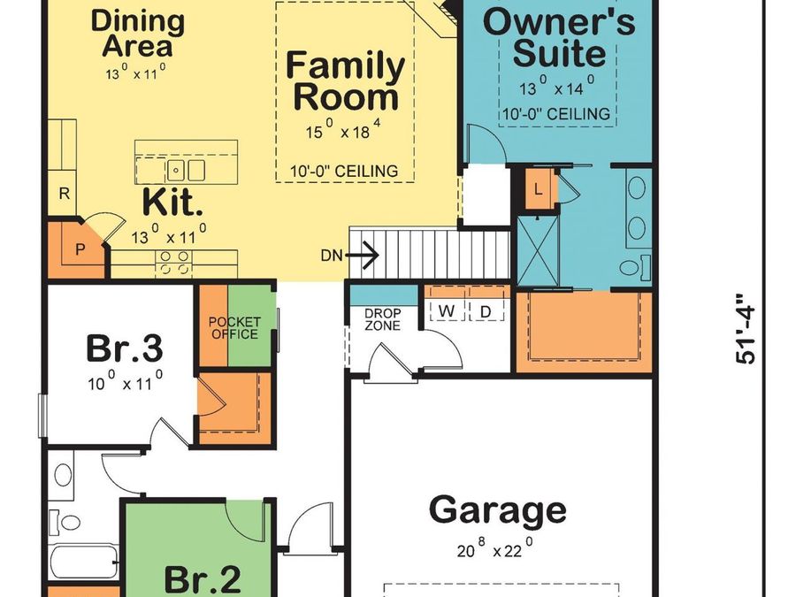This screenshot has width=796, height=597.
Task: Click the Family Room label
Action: [346, 80]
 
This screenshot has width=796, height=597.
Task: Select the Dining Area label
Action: [138, 33]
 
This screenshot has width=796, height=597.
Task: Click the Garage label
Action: [497, 510]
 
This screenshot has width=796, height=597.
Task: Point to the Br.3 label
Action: [124, 348]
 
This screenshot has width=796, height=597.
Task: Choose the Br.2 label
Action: [203, 579]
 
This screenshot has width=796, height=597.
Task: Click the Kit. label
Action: [173, 203]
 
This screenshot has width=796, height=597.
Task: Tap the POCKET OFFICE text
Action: [234, 328]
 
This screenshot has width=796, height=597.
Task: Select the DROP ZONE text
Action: [382, 320]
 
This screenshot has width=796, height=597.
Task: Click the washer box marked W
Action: [447, 310]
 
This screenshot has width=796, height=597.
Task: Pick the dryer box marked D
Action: [486, 310]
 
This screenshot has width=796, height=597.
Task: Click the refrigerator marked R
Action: [64, 194]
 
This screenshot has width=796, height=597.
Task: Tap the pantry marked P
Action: [79, 249]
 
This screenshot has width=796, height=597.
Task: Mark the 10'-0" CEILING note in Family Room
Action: [344, 171]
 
